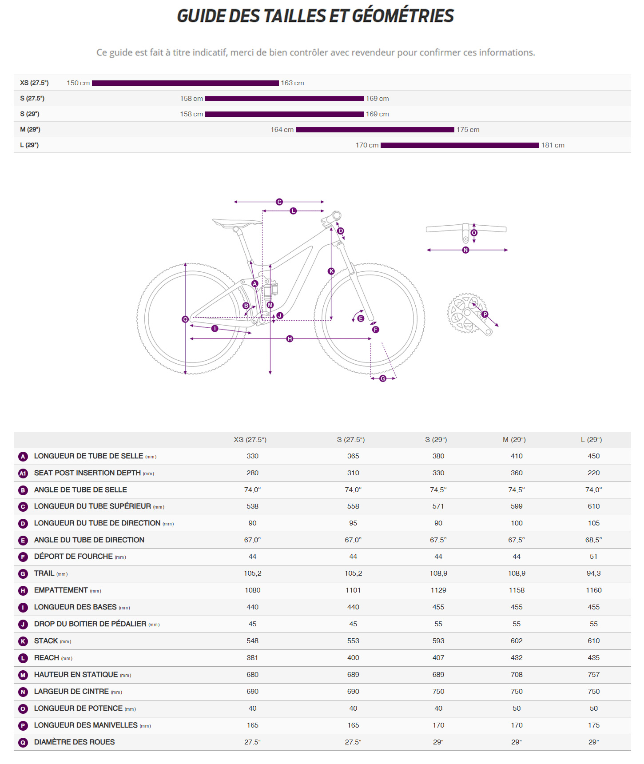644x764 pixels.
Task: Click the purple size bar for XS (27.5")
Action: click(x=185, y=83)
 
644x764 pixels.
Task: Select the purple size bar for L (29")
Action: click(x=460, y=145)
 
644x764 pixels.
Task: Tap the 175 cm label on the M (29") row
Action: click(x=468, y=130)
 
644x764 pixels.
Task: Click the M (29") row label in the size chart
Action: click(x=30, y=130)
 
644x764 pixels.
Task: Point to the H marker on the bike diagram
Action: click(x=290, y=339)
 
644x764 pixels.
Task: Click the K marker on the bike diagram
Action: click(x=331, y=271)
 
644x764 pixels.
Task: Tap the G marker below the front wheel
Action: click(x=383, y=378)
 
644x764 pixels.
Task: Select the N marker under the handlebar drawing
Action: click(x=465, y=250)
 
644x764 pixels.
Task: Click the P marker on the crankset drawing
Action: click(x=485, y=314)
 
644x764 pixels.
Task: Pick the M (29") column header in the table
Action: click(x=514, y=440)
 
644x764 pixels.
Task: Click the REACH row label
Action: click(x=47, y=658)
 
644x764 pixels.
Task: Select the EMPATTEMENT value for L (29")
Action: click(x=593, y=590)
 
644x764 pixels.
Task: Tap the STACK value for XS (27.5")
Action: click(x=252, y=641)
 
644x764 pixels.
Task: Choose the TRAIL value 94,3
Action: click(x=593, y=573)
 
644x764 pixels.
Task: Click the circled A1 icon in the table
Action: click(x=23, y=474)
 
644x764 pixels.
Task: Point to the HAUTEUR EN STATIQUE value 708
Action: click(x=517, y=675)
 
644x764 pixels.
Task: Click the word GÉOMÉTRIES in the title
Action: click(x=403, y=16)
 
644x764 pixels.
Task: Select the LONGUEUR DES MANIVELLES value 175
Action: click(x=593, y=725)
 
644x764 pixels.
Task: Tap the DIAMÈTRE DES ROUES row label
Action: click(x=74, y=742)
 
